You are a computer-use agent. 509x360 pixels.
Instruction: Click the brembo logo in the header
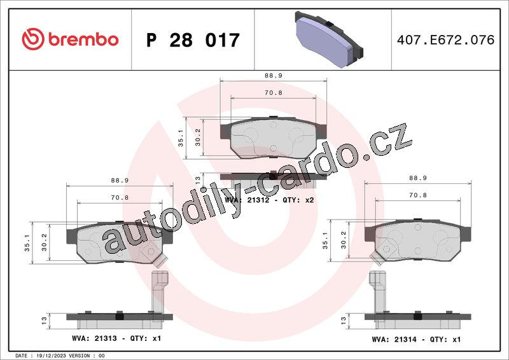point(70,39)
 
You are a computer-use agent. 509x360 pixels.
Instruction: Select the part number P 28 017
point(193,40)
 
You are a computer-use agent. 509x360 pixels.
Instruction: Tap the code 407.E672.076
point(446,39)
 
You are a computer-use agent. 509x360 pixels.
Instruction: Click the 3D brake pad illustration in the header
point(329,39)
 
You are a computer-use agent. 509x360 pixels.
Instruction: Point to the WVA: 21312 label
point(247,200)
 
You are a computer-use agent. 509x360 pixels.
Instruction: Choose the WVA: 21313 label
point(94,338)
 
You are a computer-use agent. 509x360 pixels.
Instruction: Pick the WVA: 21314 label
point(394,340)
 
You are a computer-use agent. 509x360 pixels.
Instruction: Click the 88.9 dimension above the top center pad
point(274,76)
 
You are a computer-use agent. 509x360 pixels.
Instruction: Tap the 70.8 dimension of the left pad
point(120,197)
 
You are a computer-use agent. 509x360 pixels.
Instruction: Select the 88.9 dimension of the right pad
point(418,178)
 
